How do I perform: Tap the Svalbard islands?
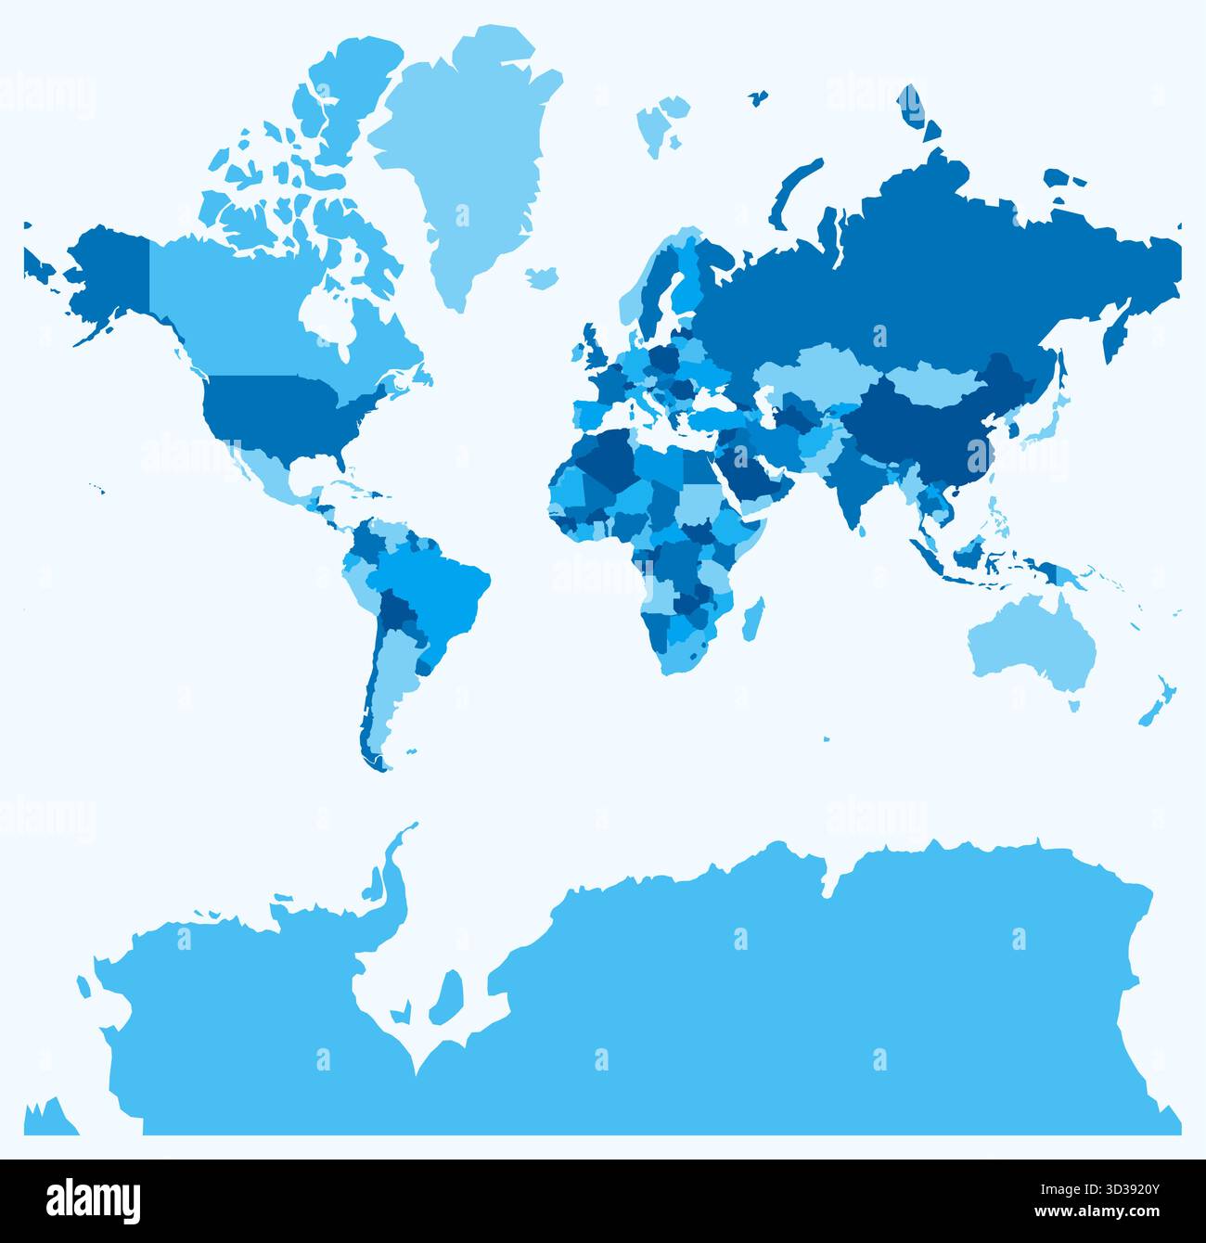pos(661,121)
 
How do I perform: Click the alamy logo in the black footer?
pos(94,1199)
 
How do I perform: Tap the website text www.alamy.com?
pos(1104,1215)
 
